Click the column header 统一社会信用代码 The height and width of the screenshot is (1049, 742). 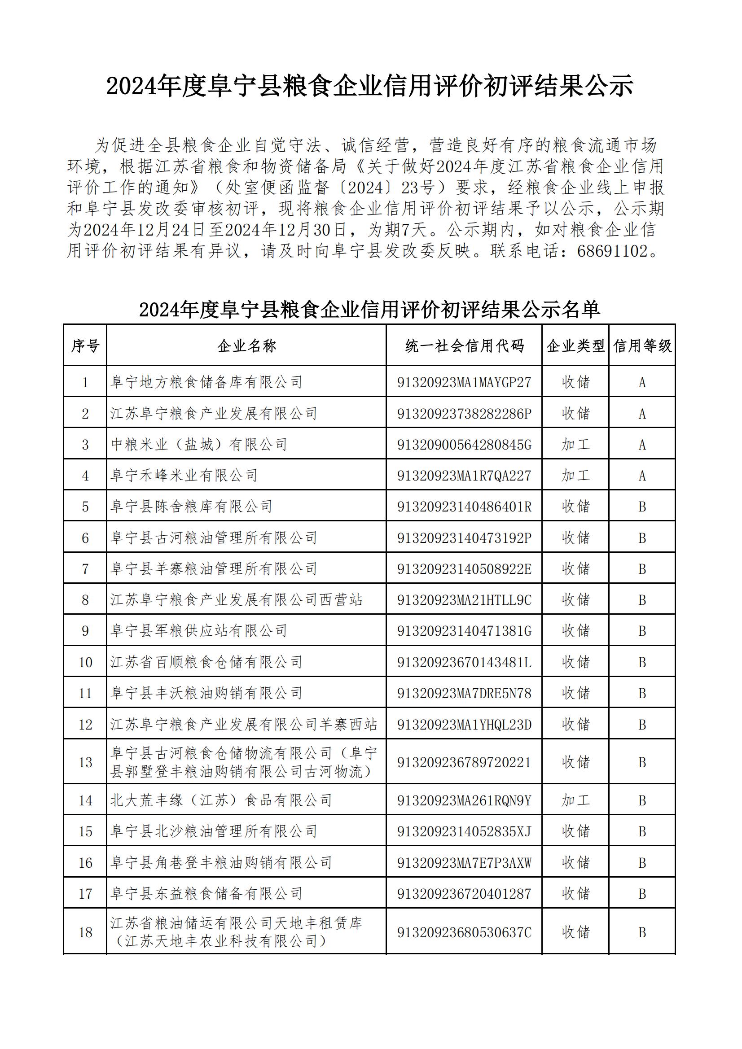[x=464, y=346]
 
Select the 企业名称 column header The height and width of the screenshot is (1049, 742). [x=246, y=346]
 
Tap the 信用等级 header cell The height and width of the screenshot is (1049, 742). [x=642, y=346]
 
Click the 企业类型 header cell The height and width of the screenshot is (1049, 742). [x=575, y=346]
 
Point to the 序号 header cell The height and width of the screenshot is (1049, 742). [x=85, y=346]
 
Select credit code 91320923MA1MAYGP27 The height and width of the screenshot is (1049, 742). [x=464, y=382]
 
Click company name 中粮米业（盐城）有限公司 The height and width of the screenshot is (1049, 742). [x=199, y=444]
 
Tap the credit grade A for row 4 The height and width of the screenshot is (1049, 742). [x=642, y=476]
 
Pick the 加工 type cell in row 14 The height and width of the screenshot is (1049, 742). [x=575, y=800]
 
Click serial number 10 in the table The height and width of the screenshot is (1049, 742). [x=85, y=662]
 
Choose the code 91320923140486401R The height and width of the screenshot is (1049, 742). [x=464, y=507]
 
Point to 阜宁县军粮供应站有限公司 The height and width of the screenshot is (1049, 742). [x=199, y=631]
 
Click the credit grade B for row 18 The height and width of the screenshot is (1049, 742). [x=642, y=932]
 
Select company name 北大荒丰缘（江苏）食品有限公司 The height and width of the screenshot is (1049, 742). [x=221, y=800]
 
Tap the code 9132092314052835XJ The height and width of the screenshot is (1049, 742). [x=464, y=831]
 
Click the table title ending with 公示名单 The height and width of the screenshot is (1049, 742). [x=369, y=310]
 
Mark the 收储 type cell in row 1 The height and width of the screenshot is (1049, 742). [x=575, y=382]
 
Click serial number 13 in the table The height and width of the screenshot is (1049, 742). [x=85, y=762]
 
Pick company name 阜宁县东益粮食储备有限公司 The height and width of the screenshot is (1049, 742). [x=206, y=893]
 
